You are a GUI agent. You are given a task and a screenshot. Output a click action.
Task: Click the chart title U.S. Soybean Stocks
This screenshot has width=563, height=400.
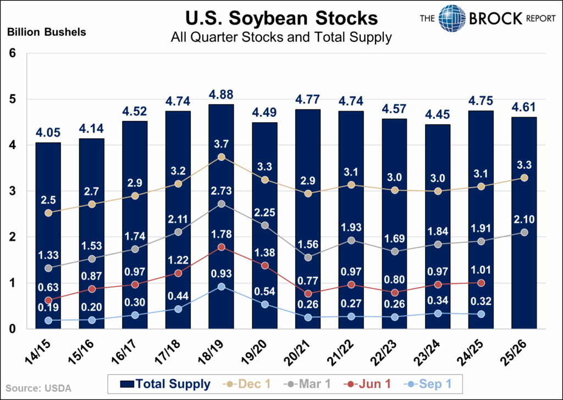click(x=281, y=18)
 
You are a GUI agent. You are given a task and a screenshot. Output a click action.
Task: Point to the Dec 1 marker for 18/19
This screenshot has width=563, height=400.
click(x=221, y=157)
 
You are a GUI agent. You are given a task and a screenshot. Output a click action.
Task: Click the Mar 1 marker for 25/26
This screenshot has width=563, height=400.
click(x=524, y=232)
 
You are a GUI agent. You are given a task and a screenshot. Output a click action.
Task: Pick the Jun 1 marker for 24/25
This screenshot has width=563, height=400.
click(x=481, y=283)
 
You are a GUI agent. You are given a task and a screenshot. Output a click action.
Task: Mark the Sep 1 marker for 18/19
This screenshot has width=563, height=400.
click(x=221, y=286)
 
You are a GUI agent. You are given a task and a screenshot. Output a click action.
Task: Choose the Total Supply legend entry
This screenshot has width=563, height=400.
click(x=164, y=384)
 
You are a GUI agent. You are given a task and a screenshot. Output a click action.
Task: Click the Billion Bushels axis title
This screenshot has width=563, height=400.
click(x=46, y=32)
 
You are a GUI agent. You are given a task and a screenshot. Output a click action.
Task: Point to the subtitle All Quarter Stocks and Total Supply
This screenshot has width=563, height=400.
click(x=281, y=38)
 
